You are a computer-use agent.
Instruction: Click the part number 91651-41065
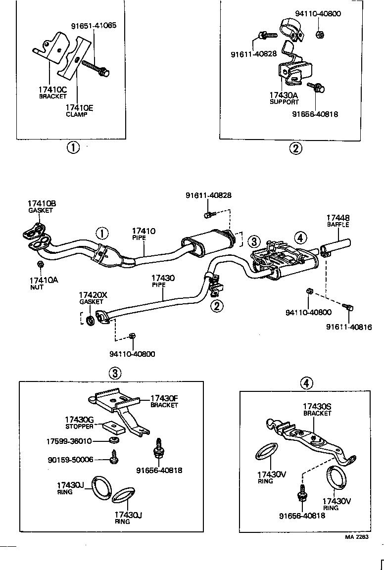click(94, 25)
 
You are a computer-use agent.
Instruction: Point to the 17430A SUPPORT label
click(284, 98)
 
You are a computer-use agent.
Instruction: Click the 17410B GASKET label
click(42, 206)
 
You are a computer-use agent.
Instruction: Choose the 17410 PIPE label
click(144, 234)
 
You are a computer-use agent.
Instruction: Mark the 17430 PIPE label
click(163, 282)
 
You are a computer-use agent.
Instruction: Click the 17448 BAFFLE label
click(337, 220)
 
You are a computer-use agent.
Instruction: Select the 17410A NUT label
click(43, 283)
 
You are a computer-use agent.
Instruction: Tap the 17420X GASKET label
click(93, 298)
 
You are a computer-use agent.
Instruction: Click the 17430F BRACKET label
click(164, 401)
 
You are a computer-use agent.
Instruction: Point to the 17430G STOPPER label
click(79, 422)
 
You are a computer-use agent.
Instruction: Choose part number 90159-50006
click(70, 460)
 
